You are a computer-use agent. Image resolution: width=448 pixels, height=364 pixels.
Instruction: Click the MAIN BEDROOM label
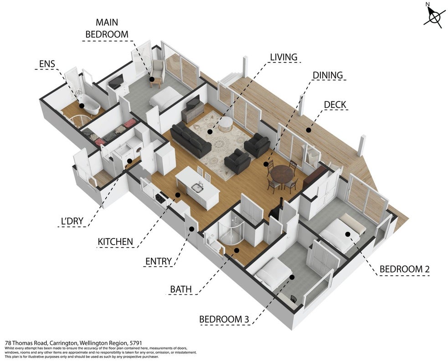107,28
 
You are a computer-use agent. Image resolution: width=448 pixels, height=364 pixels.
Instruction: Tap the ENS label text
47,64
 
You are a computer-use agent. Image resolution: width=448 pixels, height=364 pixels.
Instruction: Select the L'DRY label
72,221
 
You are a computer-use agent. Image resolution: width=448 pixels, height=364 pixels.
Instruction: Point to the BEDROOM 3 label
224,319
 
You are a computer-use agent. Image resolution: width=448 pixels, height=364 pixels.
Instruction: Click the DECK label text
335,105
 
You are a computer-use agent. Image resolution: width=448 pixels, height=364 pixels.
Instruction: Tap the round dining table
282,174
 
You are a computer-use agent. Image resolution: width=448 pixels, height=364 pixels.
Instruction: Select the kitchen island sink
197,187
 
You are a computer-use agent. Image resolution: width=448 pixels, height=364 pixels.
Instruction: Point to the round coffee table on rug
226,125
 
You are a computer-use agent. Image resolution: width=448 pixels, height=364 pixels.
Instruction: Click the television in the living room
193,103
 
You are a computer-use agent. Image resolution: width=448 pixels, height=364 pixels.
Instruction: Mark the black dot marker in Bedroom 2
348,234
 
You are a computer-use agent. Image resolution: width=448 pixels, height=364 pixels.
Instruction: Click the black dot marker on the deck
309,130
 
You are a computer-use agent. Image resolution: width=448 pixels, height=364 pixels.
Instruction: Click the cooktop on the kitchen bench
160,197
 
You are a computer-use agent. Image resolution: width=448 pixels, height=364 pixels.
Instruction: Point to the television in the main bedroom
116,81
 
